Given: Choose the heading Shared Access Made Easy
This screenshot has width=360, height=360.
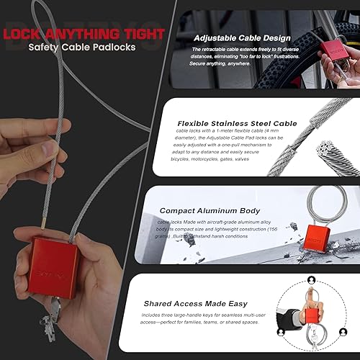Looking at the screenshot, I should (x=196, y=303).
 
